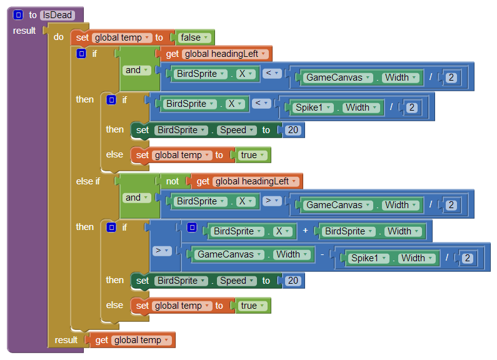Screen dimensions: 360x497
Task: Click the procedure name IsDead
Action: (x=57, y=15)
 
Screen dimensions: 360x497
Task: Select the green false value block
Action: (x=194, y=37)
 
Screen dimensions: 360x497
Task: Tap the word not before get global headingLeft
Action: (x=172, y=181)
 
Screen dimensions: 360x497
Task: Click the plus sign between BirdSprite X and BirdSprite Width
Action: (x=306, y=231)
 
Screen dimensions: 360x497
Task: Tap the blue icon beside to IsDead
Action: (x=18, y=15)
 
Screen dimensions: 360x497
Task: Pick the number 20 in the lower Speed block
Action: (x=293, y=281)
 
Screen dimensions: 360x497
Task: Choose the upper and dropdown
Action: (x=137, y=70)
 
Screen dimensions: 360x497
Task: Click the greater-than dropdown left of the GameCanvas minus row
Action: (x=163, y=251)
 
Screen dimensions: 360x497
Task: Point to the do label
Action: (x=59, y=37)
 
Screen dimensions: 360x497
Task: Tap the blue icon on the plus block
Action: (x=192, y=227)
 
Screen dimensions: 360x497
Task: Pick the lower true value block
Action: (x=252, y=306)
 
